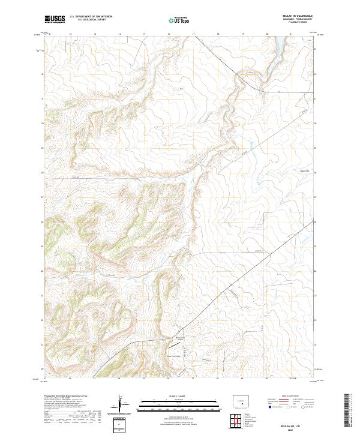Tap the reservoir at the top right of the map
(278, 44)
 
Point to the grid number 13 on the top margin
(95, 34)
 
